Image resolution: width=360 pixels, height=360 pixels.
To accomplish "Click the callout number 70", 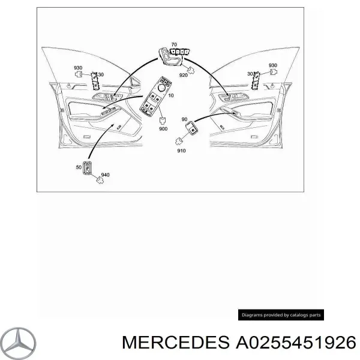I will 174,45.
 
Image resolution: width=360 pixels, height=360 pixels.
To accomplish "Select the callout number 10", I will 172,95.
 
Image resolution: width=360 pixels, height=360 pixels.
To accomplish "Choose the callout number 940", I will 105,175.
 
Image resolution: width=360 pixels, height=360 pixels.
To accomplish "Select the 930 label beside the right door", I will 272,65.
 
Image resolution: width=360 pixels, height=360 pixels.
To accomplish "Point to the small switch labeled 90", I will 193,127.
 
